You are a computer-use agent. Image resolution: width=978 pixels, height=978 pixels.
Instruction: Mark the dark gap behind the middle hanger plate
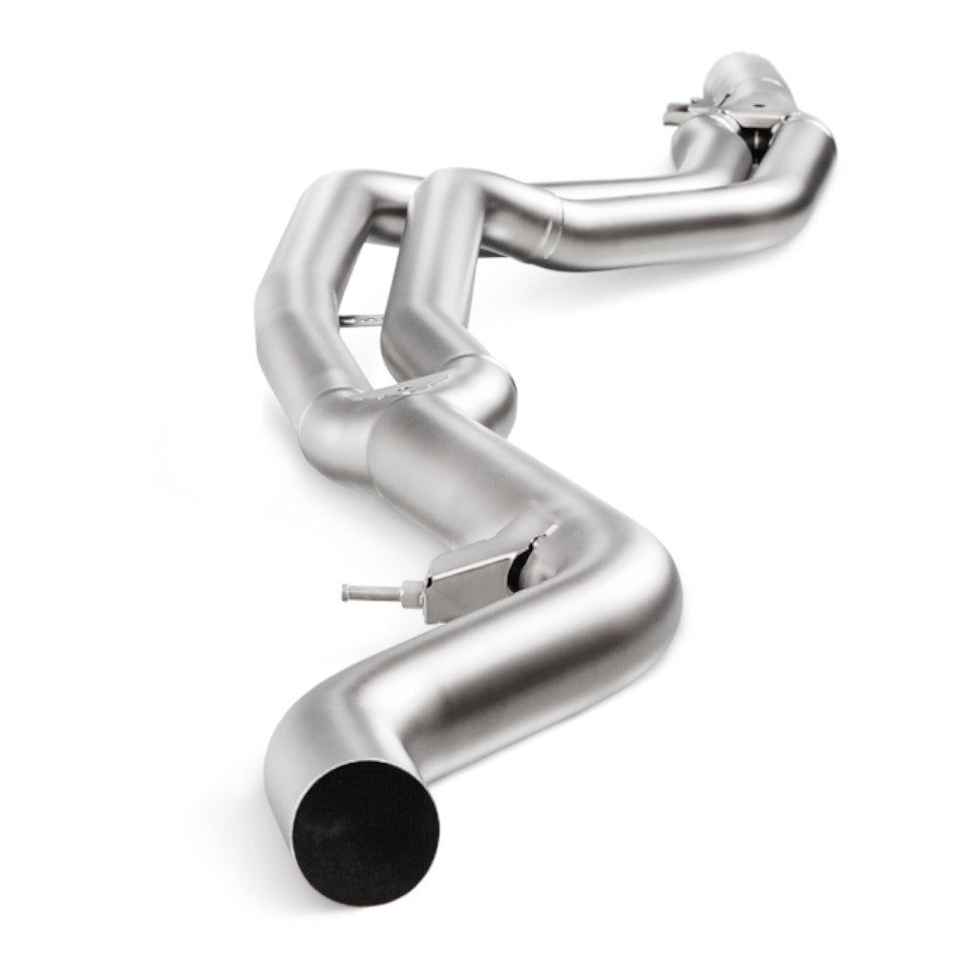(517, 569)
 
